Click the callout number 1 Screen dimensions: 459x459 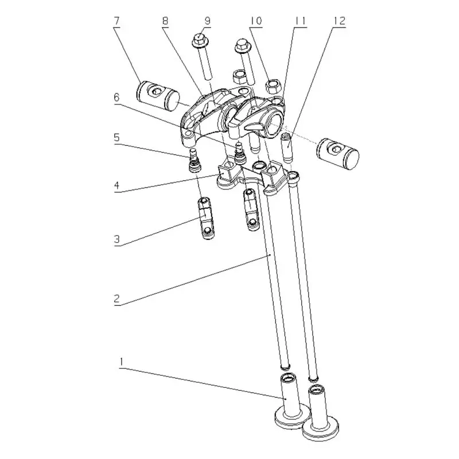coord(121,361)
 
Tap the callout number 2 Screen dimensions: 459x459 coord(116,299)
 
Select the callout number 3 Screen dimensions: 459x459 coord(116,239)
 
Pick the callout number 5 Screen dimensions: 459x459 coord(116,138)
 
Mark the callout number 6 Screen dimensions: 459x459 coord(116,98)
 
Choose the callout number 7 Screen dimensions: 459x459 coord(116,21)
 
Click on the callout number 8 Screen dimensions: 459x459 coord(165,21)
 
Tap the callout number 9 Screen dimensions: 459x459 coord(207,21)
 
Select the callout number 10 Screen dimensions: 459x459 coord(255,21)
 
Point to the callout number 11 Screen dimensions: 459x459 coord(299,21)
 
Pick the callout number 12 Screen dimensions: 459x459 coord(339,21)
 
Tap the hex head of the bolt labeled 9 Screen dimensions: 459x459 coord(200,41)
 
